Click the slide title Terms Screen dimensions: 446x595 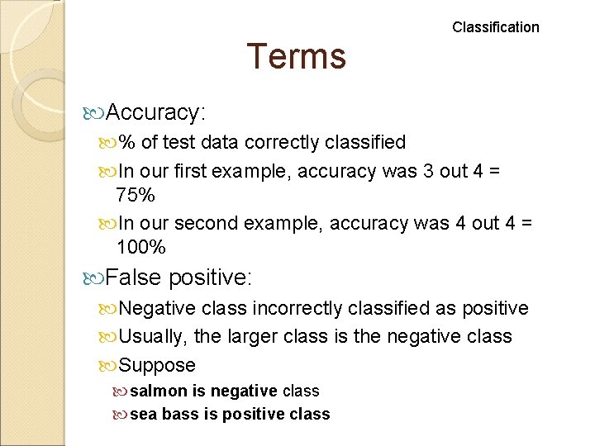(296, 56)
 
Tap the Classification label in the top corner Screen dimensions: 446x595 (495, 27)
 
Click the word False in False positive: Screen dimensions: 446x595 (134, 278)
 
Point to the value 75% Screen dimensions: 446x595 (135, 195)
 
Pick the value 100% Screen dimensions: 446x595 (141, 247)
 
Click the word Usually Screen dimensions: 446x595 (153, 336)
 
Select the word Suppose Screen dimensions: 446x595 (157, 365)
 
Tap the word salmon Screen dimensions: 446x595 (158, 391)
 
